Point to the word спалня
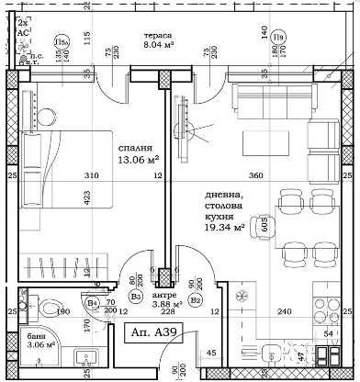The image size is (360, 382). point(134,149)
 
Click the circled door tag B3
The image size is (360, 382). point(135,296)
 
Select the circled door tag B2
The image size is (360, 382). point(195,299)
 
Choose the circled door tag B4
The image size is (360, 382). point(92,303)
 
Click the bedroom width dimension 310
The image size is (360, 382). point(91,175)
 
